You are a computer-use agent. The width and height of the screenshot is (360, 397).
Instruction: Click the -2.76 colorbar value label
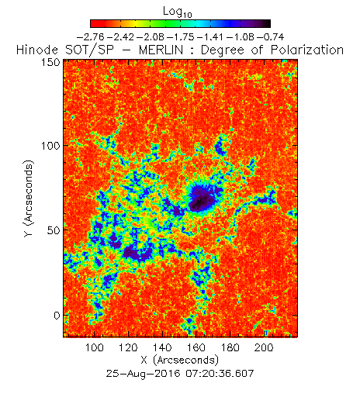tap(91, 37)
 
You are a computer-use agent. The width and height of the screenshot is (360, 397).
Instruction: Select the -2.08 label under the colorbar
tap(151, 37)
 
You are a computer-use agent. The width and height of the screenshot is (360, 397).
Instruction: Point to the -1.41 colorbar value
tap(210, 37)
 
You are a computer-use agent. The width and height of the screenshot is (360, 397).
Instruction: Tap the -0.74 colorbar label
tap(270, 37)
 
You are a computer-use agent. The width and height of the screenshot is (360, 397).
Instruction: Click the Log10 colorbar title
tap(178, 12)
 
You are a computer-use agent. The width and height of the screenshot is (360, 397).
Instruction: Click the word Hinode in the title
tap(37, 50)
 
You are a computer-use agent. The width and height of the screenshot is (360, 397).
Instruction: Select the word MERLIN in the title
tap(161, 50)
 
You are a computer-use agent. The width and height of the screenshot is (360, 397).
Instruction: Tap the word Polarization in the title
tap(307, 50)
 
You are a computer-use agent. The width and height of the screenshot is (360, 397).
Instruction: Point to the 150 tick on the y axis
tap(50, 62)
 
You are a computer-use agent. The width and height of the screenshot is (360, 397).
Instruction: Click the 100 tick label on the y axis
tap(50, 146)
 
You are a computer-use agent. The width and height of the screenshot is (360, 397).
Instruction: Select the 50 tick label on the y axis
tap(54, 230)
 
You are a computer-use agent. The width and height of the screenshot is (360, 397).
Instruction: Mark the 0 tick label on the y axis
tap(57, 316)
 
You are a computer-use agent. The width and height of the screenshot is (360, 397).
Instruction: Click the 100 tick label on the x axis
tap(95, 347)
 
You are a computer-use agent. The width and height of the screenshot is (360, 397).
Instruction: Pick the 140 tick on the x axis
tap(162, 347)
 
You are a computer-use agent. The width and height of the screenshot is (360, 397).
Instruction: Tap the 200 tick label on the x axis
tap(264, 347)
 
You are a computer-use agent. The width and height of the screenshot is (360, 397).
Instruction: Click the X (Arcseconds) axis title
tap(180, 360)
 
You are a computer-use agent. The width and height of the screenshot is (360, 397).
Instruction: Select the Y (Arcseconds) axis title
tap(29, 198)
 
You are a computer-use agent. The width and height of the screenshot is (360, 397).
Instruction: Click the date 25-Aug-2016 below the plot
tap(143, 374)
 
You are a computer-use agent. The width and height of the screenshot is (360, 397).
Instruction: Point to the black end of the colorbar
tap(266, 23)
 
